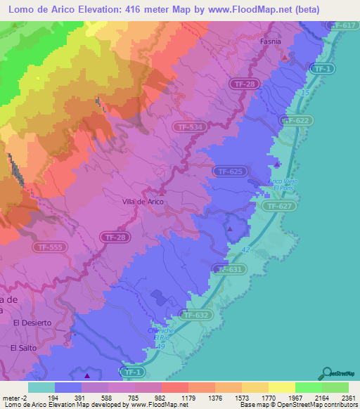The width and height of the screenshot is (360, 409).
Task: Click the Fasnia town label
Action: [269, 41]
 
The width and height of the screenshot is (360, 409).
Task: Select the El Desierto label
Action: [32, 323]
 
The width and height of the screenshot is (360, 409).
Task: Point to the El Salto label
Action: [22, 347]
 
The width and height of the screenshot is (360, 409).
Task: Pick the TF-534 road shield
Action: [188, 126]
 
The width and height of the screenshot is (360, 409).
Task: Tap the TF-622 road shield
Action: [297, 121]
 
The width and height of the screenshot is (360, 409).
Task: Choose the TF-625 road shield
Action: [229, 171]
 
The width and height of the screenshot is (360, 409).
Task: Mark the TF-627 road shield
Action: [279, 206]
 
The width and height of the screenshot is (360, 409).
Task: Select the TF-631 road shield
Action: [230, 269]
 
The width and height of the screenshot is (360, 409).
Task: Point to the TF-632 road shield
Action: [195, 316]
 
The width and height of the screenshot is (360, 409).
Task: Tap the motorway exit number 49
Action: [160, 347]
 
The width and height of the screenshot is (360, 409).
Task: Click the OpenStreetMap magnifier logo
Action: [327, 373]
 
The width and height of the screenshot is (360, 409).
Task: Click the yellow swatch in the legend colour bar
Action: [281, 387]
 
